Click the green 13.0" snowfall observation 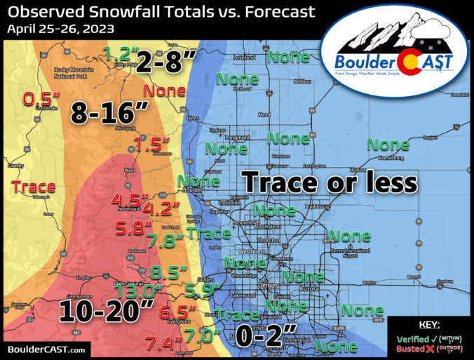[x=140, y=291]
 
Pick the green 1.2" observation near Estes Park [x=117, y=53]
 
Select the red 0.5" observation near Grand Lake [x=41, y=100]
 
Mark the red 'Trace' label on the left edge [x=34, y=186]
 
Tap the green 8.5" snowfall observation [x=170, y=270]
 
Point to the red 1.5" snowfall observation [x=151, y=145]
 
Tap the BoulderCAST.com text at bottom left [x=47, y=349]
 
